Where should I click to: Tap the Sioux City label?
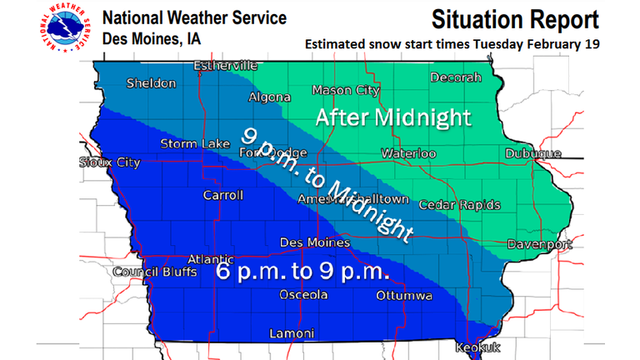[x=110, y=162]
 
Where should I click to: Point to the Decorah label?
[x=456, y=77]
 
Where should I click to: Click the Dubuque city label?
[x=532, y=153]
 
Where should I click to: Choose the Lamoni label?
[x=292, y=333]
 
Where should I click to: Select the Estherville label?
[x=226, y=65]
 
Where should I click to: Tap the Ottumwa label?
[x=403, y=296]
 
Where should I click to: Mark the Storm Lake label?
[x=195, y=144]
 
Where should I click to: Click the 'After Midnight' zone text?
[x=392, y=117]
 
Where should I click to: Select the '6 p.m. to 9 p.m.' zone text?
[x=304, y=272]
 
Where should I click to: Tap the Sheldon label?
[x=151, y=83]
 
